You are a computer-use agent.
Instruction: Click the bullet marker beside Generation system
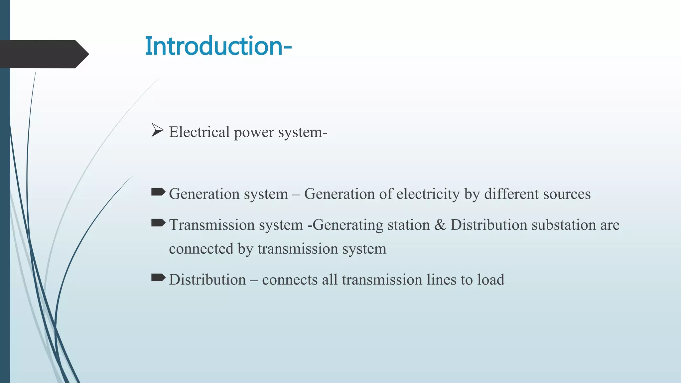[158, 192]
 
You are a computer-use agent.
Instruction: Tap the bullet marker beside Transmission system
[158, 223]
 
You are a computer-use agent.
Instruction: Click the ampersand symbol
[440, 225]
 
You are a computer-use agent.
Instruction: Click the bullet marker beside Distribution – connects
[158, 277]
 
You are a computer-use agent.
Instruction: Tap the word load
[491, 280]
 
